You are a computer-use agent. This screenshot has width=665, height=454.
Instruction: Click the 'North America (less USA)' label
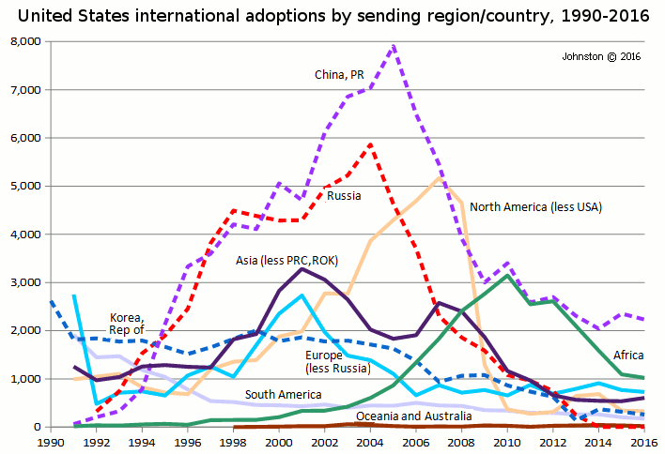[535, 206]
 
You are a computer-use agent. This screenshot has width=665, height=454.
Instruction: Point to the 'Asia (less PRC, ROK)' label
[286, 259]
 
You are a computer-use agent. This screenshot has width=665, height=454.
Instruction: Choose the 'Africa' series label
[627, 356]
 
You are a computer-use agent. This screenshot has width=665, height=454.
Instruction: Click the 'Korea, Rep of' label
[127, 323]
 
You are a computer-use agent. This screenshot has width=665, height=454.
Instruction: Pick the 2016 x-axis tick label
[642, 441]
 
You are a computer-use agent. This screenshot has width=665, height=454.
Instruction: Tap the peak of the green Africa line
[508, 276]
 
